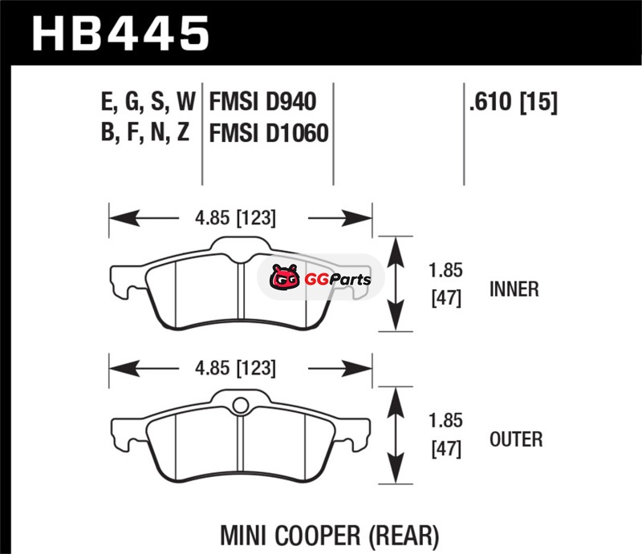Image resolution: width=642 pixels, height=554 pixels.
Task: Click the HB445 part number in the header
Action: click(x=120, y=34)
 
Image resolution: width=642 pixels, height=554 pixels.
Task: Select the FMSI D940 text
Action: click(x=262, y=102)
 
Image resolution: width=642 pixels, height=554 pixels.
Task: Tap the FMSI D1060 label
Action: click(x=269, y=132)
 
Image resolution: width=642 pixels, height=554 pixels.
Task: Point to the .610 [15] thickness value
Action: click(x=514, y=102)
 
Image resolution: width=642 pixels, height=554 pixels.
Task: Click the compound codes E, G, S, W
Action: click(x=148, y=102)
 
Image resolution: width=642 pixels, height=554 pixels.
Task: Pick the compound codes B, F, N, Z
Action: click(x=145, y=132)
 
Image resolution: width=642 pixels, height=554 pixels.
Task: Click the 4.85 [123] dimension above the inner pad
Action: click(x=235, y=218)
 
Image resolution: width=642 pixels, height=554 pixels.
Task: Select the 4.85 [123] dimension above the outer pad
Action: click(x=235, y=368)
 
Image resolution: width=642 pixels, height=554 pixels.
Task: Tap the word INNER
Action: click(x=514, y=289)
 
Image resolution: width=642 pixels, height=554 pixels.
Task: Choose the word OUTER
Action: click(x=516, y=439)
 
